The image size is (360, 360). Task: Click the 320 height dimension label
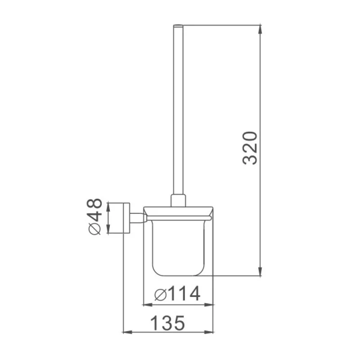point(250,148)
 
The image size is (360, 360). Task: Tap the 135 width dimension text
point(167,323)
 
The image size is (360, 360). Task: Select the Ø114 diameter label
point(177,294)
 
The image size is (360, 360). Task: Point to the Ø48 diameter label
point(94,216)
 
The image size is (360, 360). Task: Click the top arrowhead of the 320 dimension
point(260,29)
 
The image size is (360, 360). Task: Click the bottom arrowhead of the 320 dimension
point(260,271)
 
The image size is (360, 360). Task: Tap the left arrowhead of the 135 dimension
point(128,332)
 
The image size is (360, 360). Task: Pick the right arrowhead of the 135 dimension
point(209,332)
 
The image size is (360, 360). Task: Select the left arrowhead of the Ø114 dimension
point(148,305)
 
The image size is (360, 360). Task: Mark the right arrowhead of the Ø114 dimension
point(209,305)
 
